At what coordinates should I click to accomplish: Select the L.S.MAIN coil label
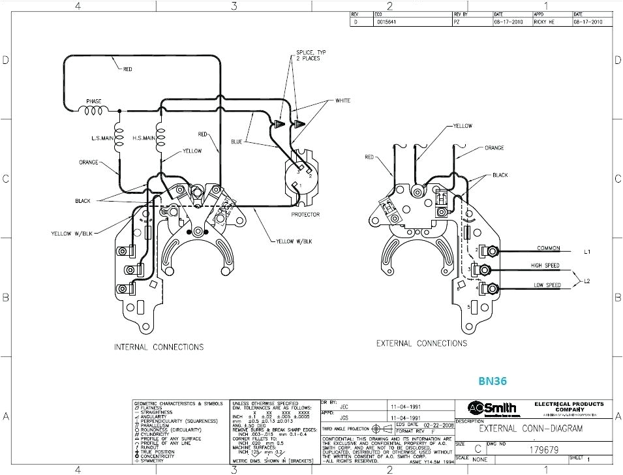click(103, 138)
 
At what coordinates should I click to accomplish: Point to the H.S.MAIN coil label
click(144, 138)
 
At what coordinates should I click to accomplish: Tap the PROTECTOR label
click(305, 215)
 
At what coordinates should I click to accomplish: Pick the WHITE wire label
click(342, 100)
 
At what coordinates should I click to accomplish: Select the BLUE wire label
click(236, 141)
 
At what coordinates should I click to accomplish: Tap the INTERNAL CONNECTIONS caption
click(159, 347)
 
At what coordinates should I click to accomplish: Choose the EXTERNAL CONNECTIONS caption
click(421, 343)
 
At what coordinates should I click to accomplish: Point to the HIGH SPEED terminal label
click(545, 266)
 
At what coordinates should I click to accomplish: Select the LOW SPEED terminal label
click(546, 285)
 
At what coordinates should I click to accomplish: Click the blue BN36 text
click(493, 380)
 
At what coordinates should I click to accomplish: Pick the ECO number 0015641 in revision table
click(386, 22)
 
